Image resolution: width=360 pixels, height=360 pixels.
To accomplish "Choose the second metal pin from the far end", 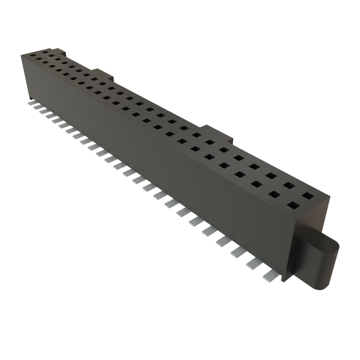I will click(x=37, y=107).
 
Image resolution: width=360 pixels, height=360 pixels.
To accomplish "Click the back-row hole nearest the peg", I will click(x=308, y=195).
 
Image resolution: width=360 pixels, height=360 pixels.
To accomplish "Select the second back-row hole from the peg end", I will click(x=289, y=185).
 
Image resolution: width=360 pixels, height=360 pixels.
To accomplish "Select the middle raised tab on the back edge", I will click(x=104, y=73).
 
